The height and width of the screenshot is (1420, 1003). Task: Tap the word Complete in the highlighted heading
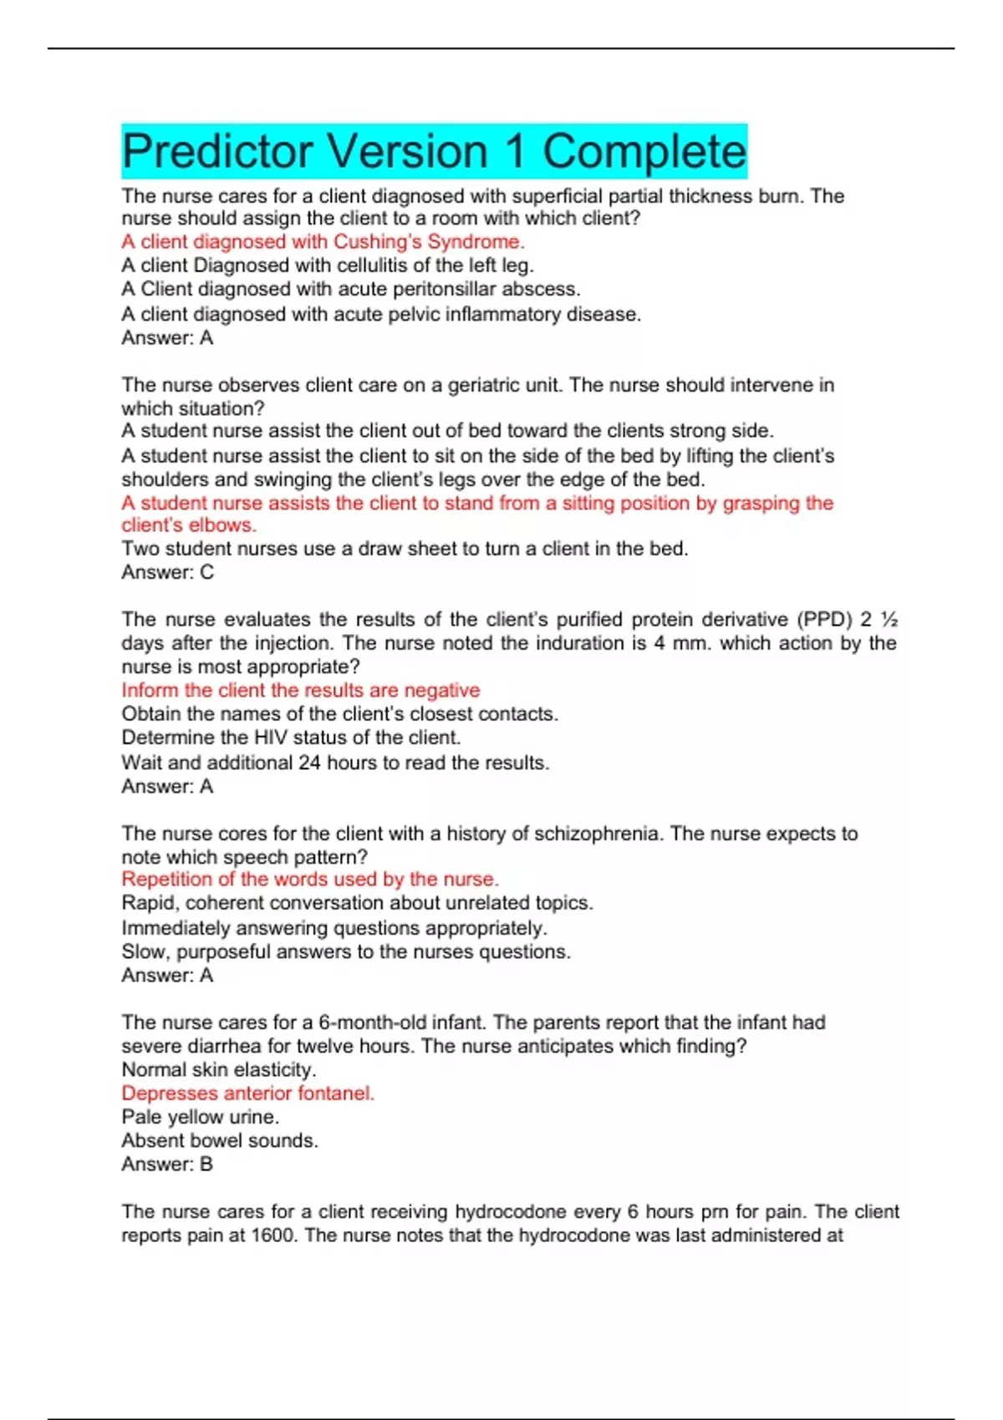(x=644, y=151)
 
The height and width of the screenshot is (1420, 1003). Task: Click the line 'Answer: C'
(x=167, y=572)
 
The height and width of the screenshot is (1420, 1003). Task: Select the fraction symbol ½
(x=889, y=620)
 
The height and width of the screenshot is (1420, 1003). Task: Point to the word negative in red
(x=441, y=691)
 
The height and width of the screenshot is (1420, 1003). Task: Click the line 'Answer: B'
(x=167, y=1164)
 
